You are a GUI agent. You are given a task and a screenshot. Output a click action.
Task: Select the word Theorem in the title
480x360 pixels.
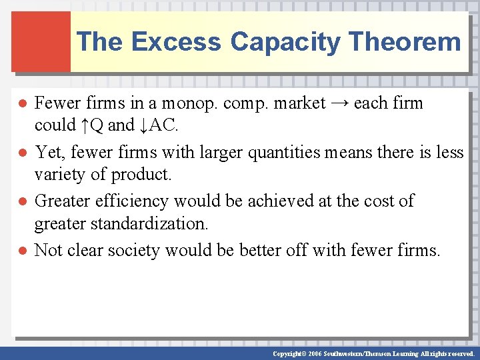point(404,42)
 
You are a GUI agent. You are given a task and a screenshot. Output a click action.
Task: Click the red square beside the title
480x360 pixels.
point(40,41)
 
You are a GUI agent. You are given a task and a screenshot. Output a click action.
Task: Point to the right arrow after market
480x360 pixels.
point(339,103)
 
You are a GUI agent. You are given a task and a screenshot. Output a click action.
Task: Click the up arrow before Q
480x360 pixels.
point(85,125)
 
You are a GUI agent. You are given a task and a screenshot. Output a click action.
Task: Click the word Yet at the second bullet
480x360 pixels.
point(48,153)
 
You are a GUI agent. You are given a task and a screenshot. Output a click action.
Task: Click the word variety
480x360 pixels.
point(61,175)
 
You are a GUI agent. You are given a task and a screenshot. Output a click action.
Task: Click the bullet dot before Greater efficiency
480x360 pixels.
point(22,201)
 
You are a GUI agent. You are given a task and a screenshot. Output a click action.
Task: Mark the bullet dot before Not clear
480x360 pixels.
point(22,251)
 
